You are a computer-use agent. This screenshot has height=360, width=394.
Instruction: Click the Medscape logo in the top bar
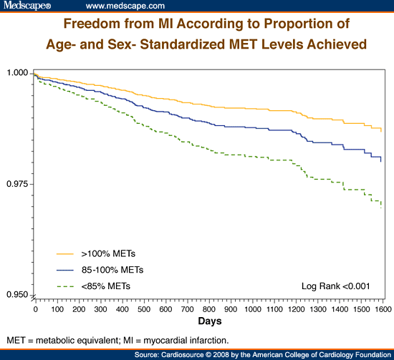tap(27, 6)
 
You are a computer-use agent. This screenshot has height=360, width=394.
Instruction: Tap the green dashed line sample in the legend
tap(66, 286)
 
